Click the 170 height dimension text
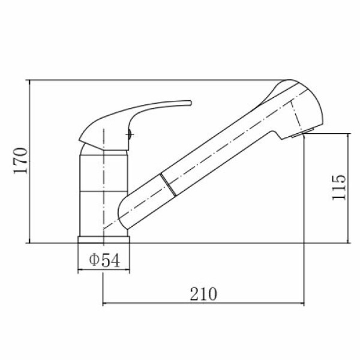20,161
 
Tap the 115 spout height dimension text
339,188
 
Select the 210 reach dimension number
203,294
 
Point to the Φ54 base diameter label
104,260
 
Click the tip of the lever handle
190,103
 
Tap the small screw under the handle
129,134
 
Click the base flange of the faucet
104,239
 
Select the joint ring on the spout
168,185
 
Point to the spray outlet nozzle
302,133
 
